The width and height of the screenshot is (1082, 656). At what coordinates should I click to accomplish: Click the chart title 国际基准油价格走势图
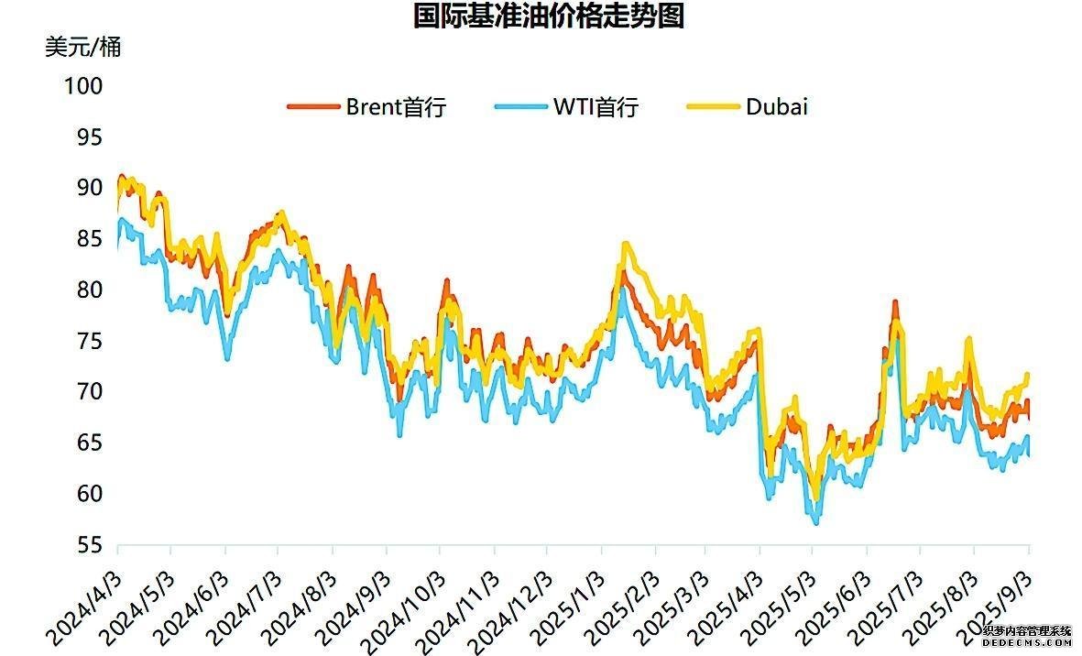point(549,16)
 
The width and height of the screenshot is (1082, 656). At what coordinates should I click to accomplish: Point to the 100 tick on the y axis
point(83,86)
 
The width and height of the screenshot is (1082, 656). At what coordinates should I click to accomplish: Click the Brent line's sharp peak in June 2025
point(895,303)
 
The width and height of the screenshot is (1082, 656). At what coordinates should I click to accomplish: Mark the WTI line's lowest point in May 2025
point(815,522)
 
